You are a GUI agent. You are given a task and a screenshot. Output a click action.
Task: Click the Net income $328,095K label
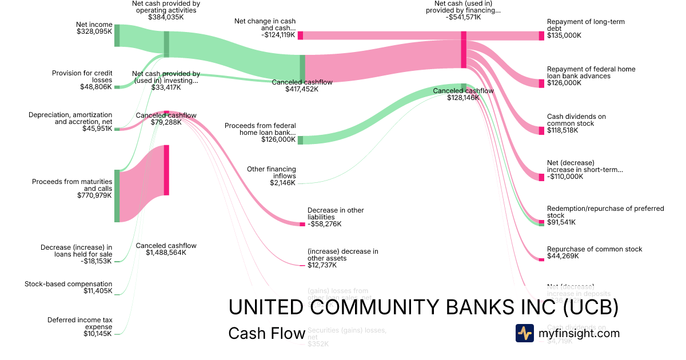pyautogui.click(x=94, y=29)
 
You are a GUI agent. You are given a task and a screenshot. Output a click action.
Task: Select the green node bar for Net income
pyautogui.click(x=117, y=35)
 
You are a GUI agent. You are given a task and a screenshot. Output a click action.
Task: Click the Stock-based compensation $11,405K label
pyautogui.click(x=69, y=287)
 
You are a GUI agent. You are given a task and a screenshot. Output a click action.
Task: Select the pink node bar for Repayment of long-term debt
pyautogui.click(x=541, y=36)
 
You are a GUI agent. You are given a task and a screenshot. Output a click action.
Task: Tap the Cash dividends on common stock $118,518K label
pyautogui.click(x=576, y=123)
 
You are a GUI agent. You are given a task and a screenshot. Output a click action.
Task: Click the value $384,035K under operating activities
pyautogui.click(x=166, y=17)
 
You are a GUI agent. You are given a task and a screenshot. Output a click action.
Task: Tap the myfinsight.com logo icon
pyautogui.click(x=524, y=333)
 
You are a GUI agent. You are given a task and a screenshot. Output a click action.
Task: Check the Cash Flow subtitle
pyautogui.click(x=266, y=333)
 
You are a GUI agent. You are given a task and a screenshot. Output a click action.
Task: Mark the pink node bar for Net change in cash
pyautogui.click(x=300, y=35)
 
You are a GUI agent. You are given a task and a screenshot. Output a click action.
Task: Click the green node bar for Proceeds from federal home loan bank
pyautogui.click(x=300, y=140)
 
